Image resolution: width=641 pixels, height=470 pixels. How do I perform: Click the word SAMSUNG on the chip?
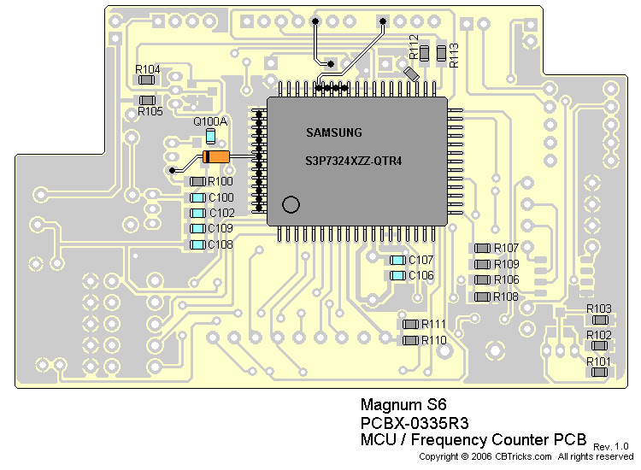pos(334,132)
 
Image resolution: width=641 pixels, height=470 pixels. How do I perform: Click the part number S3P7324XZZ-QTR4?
pos(354,162)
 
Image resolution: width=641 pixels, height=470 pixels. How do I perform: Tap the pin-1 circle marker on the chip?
pos(291,204)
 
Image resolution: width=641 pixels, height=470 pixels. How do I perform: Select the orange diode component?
pos(216,157)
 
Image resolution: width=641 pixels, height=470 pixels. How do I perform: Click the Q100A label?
pos(210,121)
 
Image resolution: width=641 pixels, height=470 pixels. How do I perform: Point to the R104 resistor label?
pos(148,68)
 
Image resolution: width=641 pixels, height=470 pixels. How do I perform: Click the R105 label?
pos(150,111)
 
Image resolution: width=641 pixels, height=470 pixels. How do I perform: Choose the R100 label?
pos(221,182)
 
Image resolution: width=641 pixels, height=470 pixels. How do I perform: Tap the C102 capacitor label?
pos(221,213)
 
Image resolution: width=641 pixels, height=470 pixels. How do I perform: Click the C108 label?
pos(221,244)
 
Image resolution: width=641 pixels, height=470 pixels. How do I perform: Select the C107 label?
pos(421,260)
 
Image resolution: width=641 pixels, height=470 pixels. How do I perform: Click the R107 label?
pos(507,248)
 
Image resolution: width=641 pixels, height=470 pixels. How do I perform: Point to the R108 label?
pos(507,297)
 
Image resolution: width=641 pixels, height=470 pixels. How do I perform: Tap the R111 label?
pos(434,324)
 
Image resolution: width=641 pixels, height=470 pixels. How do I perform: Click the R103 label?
pos(599,308)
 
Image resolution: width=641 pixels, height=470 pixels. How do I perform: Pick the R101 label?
pos(599,362)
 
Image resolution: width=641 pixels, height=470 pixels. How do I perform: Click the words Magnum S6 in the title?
pos(392,405)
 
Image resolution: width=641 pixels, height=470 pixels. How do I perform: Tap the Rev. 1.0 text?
pos(610,446)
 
